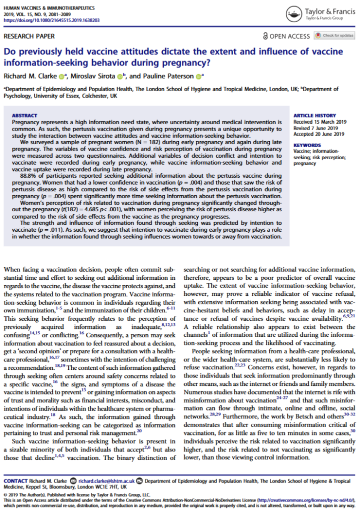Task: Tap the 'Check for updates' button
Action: pos(334,36)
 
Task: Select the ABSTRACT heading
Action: pos(24,115)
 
